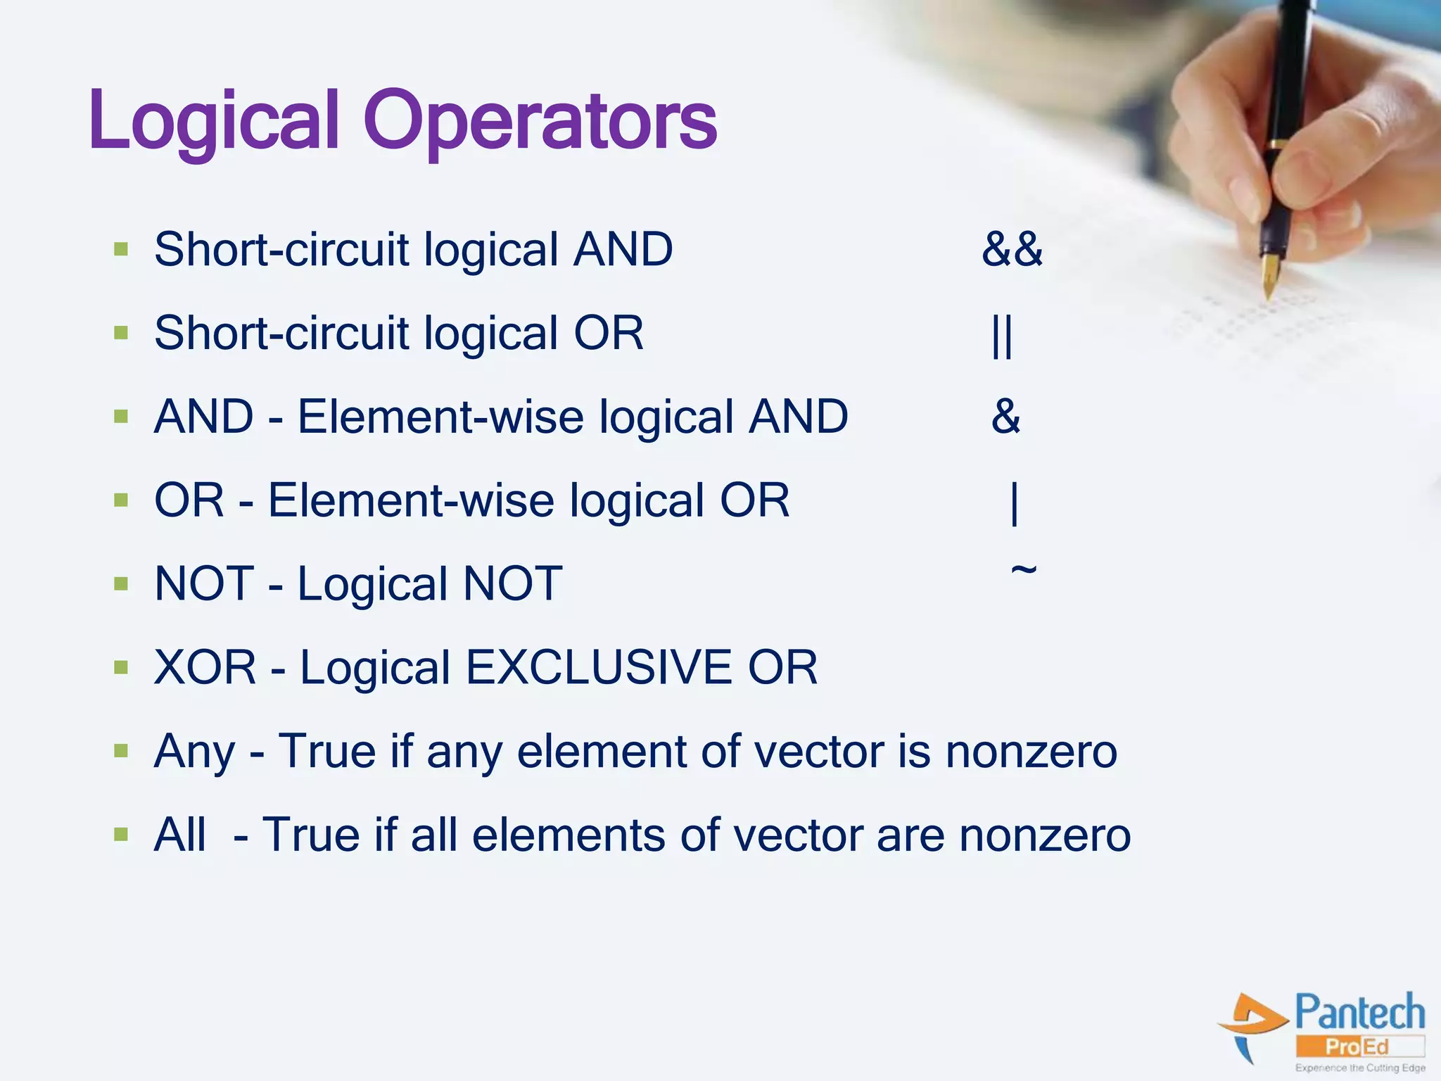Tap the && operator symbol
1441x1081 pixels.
click(x=1012, y=249)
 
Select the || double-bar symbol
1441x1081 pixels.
click(x=1001, y=335)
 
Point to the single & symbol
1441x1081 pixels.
click(x=1005, y=416)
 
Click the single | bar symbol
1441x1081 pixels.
click(x=1014, y=502)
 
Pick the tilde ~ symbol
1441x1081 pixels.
click(x=1023, y=569)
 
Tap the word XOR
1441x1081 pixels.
click(x=205, y=667)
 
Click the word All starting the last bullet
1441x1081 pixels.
click(x=180, y=835)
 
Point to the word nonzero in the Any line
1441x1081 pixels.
click(x=1031, y=752)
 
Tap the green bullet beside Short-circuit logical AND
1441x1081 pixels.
click(x=121, y=249)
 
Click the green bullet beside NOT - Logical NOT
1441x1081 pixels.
click(x=121, y=583)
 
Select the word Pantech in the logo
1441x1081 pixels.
click(x=1359, y=1013)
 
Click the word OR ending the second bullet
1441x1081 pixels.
click(x=609, y=333)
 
